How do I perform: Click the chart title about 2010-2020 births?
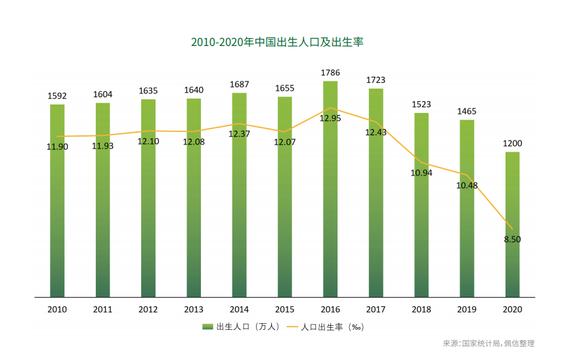(277, 43)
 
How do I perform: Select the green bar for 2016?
(330, 191)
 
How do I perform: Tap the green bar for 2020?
(512, 223)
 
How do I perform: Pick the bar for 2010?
(57, 200)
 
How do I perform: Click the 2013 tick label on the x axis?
(194, 309)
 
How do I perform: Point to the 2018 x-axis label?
(421, 309)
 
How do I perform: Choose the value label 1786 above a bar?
(330, 72)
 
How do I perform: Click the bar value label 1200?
(512, 143)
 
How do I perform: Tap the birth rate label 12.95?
(330, 118)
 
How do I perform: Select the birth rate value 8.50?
(512, 240)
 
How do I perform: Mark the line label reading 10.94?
(421, 173)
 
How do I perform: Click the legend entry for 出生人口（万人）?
(242, 326)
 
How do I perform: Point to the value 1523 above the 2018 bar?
(421, 104)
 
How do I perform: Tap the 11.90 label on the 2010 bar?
(57, 146)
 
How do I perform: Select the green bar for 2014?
(239, 197)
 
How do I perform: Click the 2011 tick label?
(102, 309)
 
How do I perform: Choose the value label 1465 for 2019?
(467, 111)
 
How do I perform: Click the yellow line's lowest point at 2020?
(512, 228)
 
